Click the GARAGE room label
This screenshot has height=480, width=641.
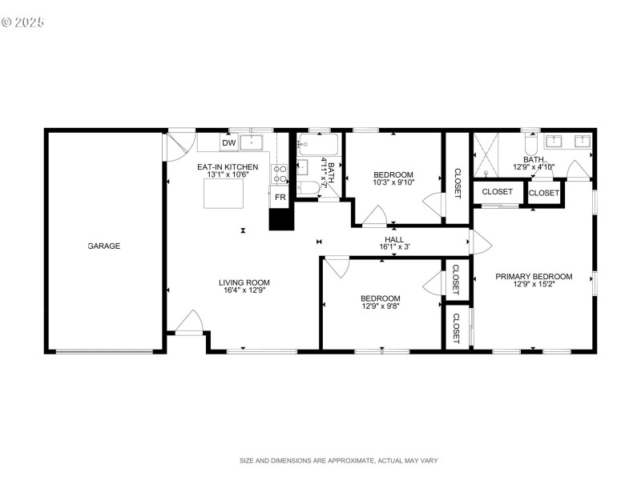click(x=103, y=246)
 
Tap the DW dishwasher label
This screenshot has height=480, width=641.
click(x=228, y=143)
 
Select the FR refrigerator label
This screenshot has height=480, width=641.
click(x=280, y=197)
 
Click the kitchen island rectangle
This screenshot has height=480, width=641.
click(x=224, y=194)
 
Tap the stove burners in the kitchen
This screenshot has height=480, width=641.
click(x=280, y=174)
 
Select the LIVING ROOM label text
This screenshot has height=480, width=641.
click(x=244, y=282)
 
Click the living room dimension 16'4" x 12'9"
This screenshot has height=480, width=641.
click(x=244, y=291)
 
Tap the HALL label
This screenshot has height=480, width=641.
click(x=394, y=238)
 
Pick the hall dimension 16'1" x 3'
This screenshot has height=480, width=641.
click(x=394, y=247)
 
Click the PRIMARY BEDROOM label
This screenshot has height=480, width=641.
click(x=534, y=277)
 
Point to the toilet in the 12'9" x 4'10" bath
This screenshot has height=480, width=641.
click(x=530, y=145)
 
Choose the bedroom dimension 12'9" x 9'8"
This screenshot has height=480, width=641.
click(x=381, y=306)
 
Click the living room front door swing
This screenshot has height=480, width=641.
click(x=190, y=322)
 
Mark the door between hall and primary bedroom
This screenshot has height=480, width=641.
click(x=479, y=242)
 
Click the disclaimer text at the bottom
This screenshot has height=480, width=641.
click(x=338, y=461)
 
